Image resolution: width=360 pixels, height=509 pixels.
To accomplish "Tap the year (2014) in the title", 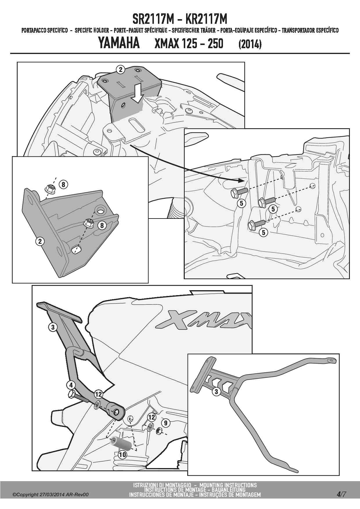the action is [250, 44].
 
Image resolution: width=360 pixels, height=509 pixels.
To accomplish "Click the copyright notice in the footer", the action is [51, 495].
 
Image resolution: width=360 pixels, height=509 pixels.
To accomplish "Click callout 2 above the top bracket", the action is [120, 70].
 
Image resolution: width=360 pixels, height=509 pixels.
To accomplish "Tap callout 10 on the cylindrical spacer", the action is [123, 454].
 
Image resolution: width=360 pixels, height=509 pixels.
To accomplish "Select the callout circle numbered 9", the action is [165, 423].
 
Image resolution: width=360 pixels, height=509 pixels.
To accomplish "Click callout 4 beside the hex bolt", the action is [71, 385].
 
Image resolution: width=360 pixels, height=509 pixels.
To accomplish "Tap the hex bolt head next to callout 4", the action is [72, 394].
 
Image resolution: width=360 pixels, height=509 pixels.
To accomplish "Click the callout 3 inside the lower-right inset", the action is [216, 392].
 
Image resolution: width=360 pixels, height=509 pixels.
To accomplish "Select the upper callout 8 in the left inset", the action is [63, 184].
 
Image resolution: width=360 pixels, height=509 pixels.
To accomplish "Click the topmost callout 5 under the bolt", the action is [242, 203].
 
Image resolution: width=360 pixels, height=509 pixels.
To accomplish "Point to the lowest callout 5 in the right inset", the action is [263, 232].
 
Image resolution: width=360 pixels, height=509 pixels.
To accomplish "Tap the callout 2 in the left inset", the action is [40, 241].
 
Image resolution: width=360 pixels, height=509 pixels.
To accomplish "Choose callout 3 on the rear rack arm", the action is [53, 327].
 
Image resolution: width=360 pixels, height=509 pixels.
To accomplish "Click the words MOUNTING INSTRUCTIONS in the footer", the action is [228, 485].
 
